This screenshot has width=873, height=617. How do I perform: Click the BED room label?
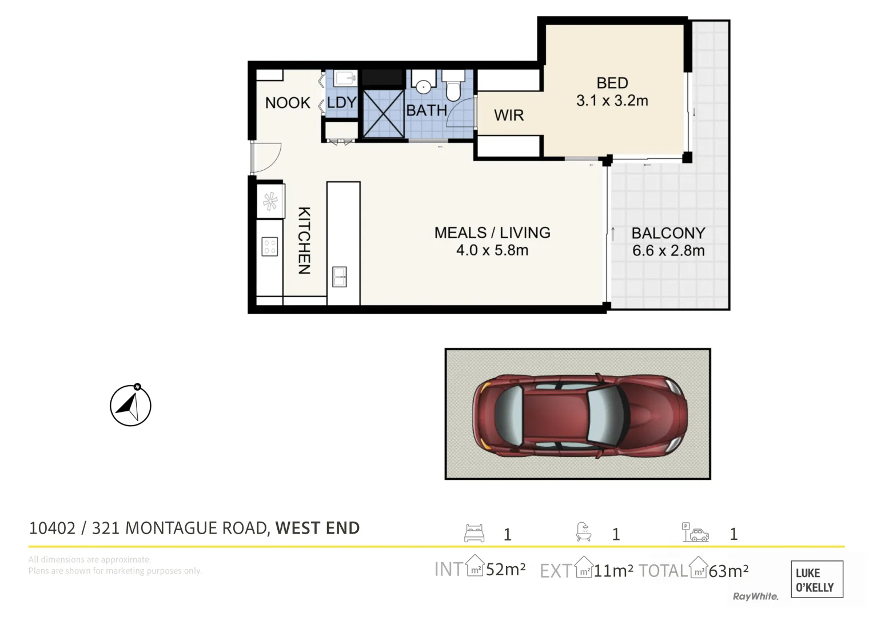pyautogui.click(x=612, y=83)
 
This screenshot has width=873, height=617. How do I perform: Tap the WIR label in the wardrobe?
pyautogui.click(x=508, y=115)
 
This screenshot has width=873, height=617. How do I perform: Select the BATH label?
pyautogui.click(x=426, y=110)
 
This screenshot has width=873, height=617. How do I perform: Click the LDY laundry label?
pyautogui.click(x=341, y=103)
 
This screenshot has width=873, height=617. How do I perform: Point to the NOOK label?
pyautogui.click(x=288, y=103)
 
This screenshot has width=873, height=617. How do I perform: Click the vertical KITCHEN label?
pyautogui.click(x=304, y=241)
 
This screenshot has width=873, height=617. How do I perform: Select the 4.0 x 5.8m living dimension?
pyautogui.click(x=492, y=250)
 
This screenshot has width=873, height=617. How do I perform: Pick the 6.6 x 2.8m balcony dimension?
pyautogui.click(x=668, y=251)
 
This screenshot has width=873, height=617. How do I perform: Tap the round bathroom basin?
pyautogui.click(x=423, y=86)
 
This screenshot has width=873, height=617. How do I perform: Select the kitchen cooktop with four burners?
pyautogui.click(x=270, y=247)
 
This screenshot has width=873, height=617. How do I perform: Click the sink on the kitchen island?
pyautogui.click(x=340, y=277)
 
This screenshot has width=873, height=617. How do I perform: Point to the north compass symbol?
pyautogui.click(x=130, y=406)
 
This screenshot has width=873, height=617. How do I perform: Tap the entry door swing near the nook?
pyautogui.click(x=264, y=157)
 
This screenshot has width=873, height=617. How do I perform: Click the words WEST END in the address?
pyautogui.click(x=317, y=528)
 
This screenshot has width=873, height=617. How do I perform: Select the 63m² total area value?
pyautogui.click(x=728, y=571)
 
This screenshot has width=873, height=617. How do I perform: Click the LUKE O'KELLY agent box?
pyautogui.click(x=816, y=580)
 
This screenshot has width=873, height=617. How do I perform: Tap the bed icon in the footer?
pyautogui.click(x=474, y=533)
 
